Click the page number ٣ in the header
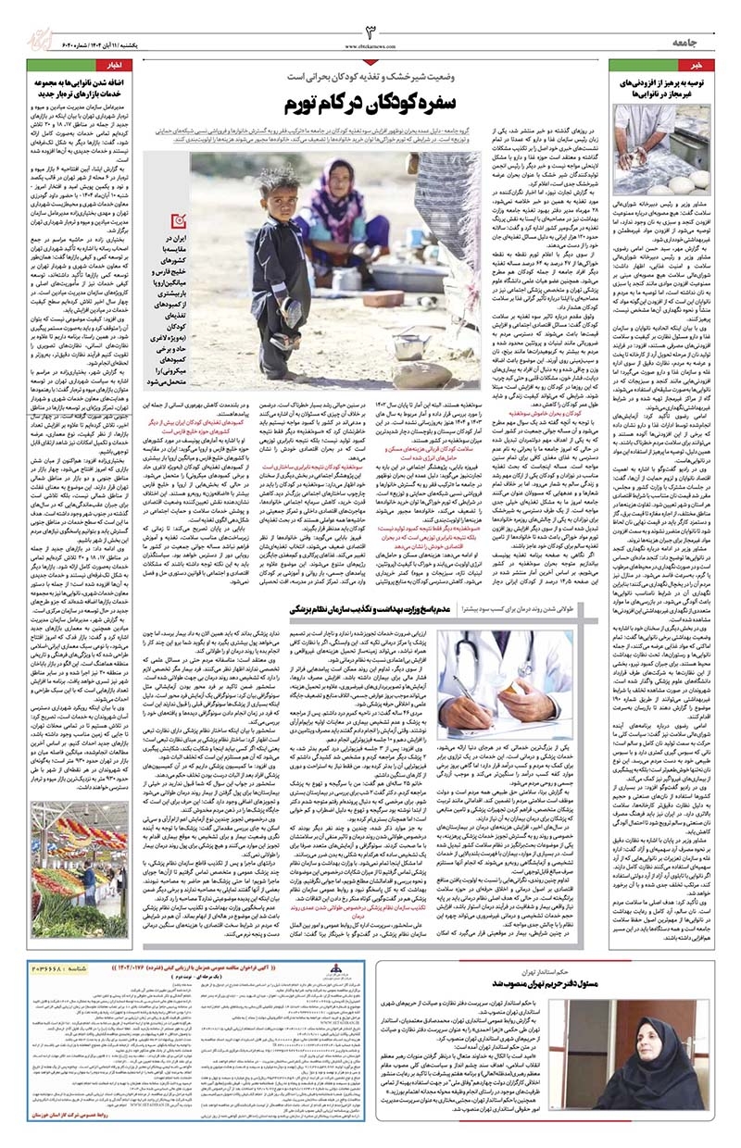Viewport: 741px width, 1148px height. [x=369, y=29]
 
